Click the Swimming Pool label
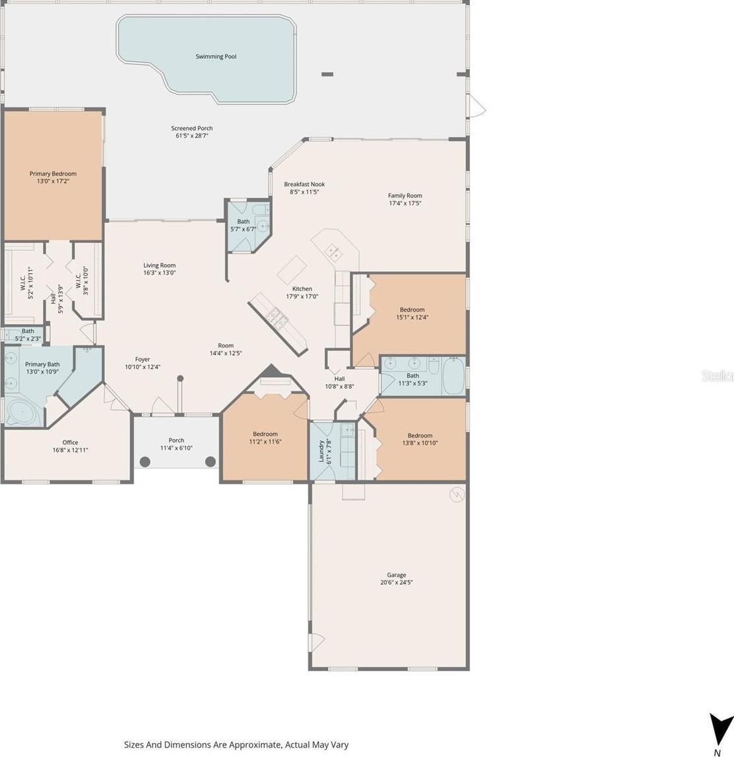(x=216, y=57)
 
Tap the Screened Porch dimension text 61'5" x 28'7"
(x=191, y=136)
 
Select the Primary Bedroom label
(x=53, y=174)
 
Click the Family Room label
(x=405, y=195)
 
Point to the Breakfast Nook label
(x=304, y=184)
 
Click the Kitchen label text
(x=302, y=288)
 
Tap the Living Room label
(x=159, y=265)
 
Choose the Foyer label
(x=143, y=359)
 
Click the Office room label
(x=70, y=442)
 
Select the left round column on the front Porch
(x=145, y=461)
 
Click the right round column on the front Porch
(x=211, y=461)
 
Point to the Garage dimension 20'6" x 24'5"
(x=397, y=582)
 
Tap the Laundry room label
(x=321, y=451)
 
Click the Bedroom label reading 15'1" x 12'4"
(x=413, y=310)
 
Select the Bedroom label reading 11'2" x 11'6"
(x=265, y=434)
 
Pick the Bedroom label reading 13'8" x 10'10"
(x=420, y=435)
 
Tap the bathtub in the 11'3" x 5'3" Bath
(x=454, y=376)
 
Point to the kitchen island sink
(x=332, y=251)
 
